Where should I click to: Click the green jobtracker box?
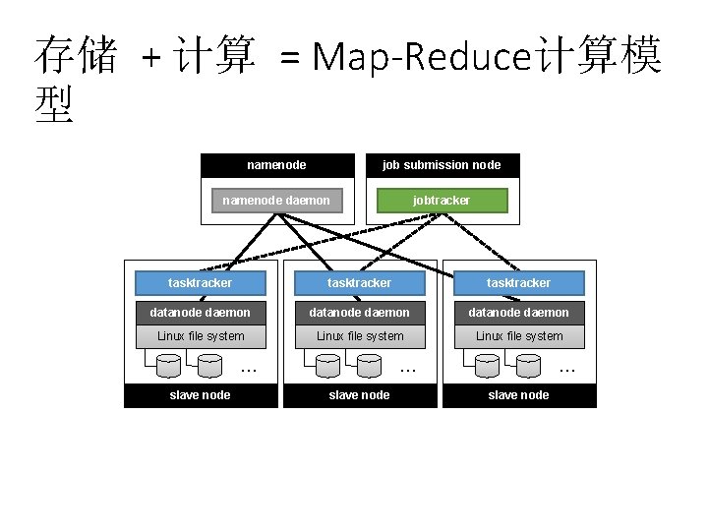[x=442, y=201]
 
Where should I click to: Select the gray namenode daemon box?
[x=276, y=201]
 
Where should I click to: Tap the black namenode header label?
[x=276, y=165]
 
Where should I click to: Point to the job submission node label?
[x=442, y=165]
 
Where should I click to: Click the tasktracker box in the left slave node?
[x=201, y=283]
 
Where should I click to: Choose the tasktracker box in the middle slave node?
[x=360, y=283]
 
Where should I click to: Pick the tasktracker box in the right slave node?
[x=519, y=283]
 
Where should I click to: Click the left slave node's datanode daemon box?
[x=201, y=313]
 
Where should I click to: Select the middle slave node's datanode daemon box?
[x=360, y=313]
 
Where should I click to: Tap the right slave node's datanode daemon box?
[x=519, y=313]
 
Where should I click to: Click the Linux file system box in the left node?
[x=201, y=336]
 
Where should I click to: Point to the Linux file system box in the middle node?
[x=360, y=336]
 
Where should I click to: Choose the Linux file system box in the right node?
[x=519, y=336]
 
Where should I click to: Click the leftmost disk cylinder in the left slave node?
[x=168, y=366]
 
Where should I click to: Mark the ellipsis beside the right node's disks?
[x=567, y=370]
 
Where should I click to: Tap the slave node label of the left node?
[x=201, y=395]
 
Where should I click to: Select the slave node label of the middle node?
[x=360, y=395]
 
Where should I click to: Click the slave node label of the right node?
[x=519, y=395]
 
